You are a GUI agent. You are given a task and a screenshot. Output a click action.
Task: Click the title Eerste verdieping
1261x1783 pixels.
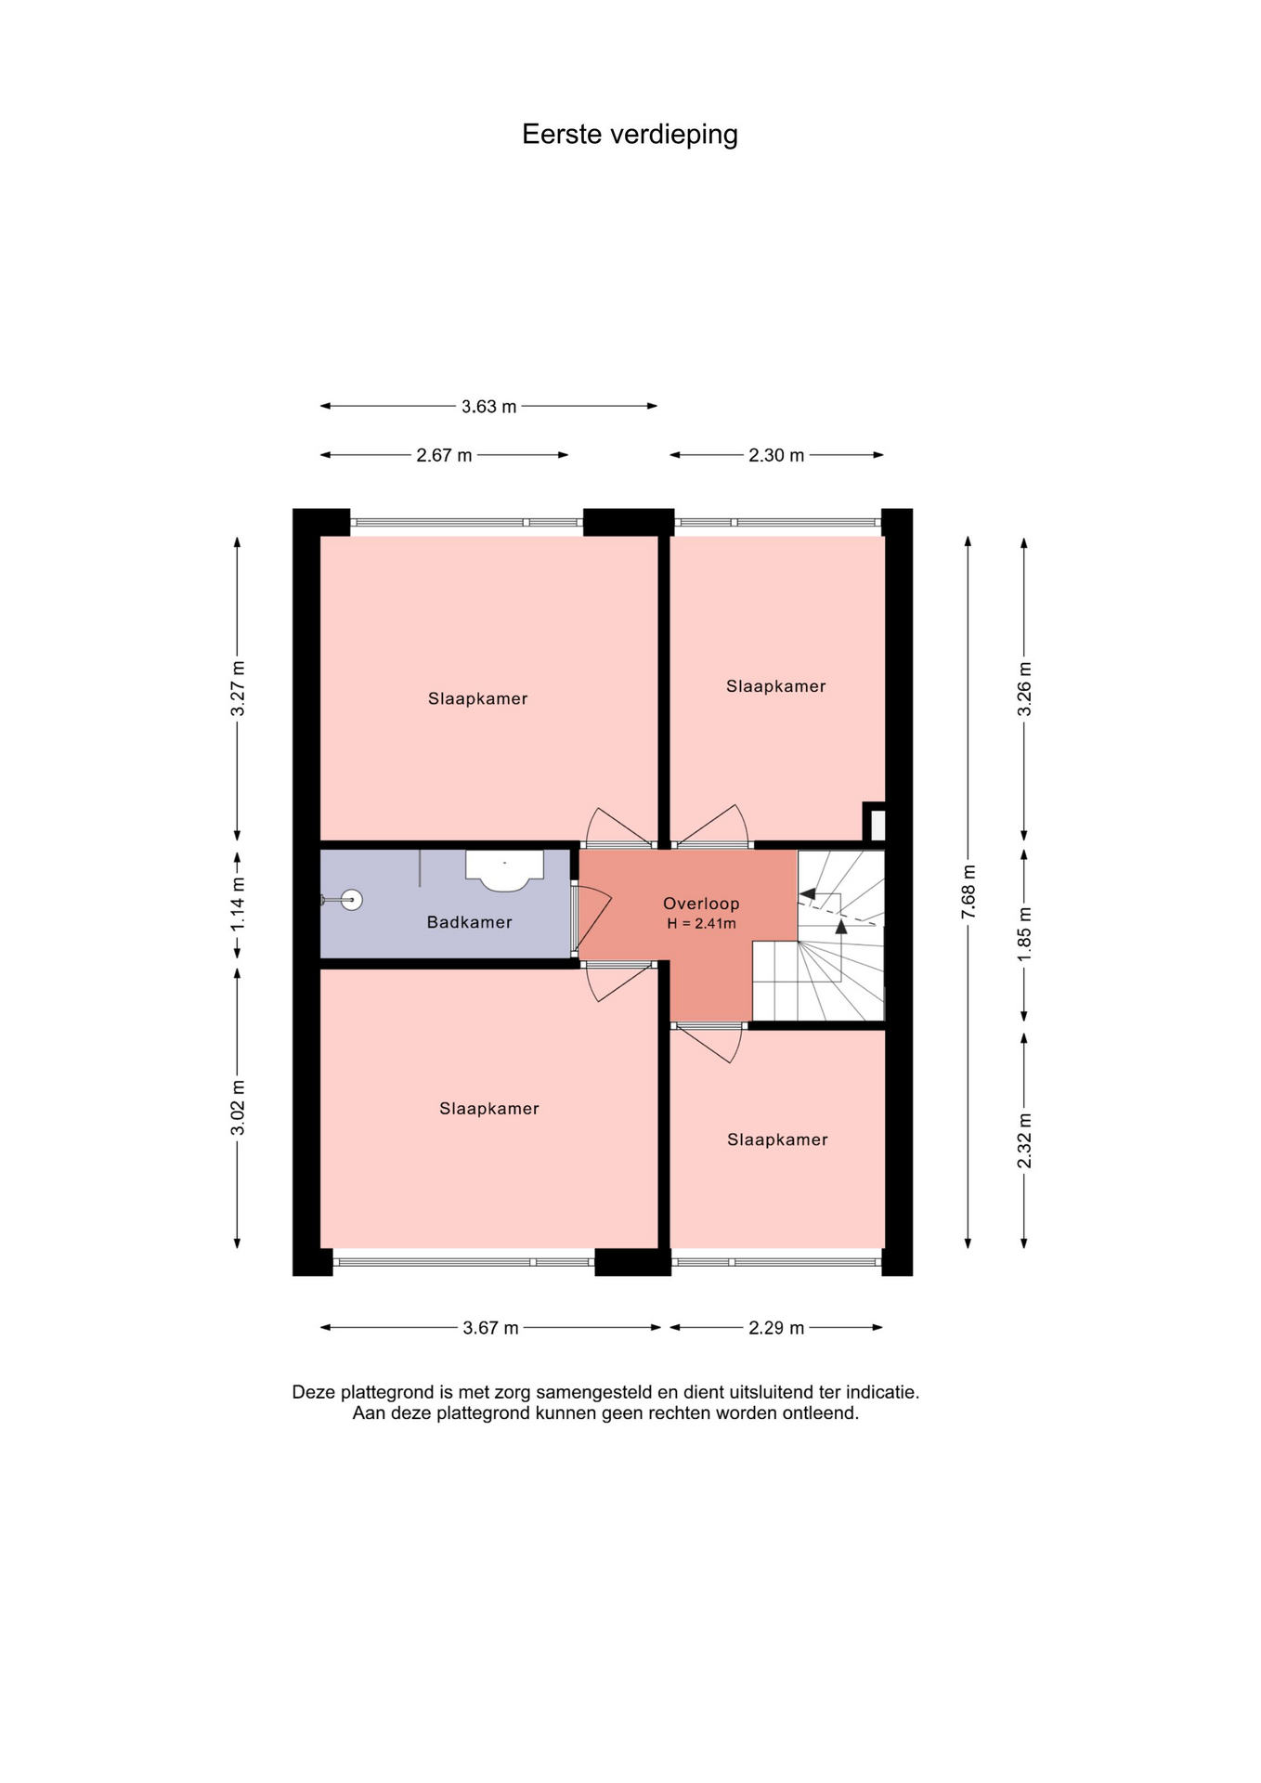[x=630, y=135]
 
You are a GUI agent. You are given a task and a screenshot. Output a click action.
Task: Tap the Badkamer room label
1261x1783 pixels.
[x=469, y=922]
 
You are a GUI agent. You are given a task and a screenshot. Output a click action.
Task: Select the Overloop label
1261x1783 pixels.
[x=701, y=904]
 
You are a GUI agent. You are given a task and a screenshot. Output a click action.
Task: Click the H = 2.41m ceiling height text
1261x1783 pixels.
[x=701, y=924]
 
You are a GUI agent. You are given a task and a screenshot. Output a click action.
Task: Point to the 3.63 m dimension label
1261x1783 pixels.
[x=488, y=407]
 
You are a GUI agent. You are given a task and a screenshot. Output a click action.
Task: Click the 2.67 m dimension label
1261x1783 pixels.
[x=444, y=455]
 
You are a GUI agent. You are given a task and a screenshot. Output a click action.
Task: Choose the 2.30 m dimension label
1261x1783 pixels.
[x=776, y=455]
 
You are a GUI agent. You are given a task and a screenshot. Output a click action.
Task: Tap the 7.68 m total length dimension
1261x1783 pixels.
[x=968, y=891]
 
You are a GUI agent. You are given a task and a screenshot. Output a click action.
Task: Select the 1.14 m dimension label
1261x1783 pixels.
[x=238, y=905]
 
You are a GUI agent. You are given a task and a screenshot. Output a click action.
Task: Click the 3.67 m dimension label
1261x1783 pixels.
[x=490, y=1328]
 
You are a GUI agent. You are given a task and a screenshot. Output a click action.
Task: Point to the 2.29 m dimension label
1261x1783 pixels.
[x=776, y=1328]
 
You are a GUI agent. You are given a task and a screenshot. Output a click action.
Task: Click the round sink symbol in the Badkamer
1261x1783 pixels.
[x=351, y=900]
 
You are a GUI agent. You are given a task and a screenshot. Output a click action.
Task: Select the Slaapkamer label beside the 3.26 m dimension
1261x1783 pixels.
[x=775, y=686]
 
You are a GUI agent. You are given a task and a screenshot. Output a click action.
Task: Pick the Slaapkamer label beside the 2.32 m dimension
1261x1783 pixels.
[x=777, y=1139]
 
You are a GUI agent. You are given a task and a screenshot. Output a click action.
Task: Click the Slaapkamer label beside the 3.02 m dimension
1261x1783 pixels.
[x=489, y=1108]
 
